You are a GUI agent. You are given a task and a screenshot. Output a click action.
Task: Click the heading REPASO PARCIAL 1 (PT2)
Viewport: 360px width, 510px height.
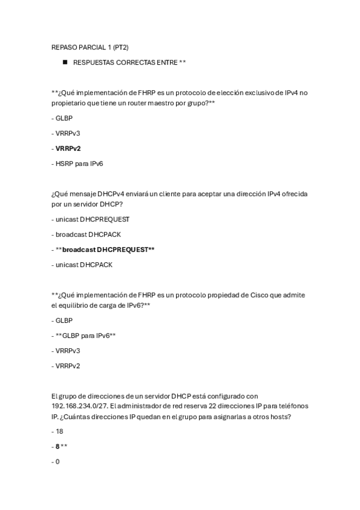click(90, 46)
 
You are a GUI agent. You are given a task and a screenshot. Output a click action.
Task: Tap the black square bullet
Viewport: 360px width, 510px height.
click(64, 62)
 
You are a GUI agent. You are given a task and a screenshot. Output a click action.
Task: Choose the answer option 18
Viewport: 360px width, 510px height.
click(59, 432)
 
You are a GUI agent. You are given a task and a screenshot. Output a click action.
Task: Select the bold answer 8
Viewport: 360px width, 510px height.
click(58, 447)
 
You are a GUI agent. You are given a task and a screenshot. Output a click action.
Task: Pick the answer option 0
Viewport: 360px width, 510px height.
click(57, 461)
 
